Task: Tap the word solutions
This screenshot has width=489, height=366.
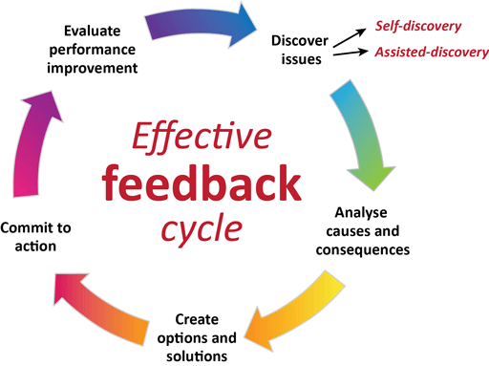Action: [200, 355]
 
